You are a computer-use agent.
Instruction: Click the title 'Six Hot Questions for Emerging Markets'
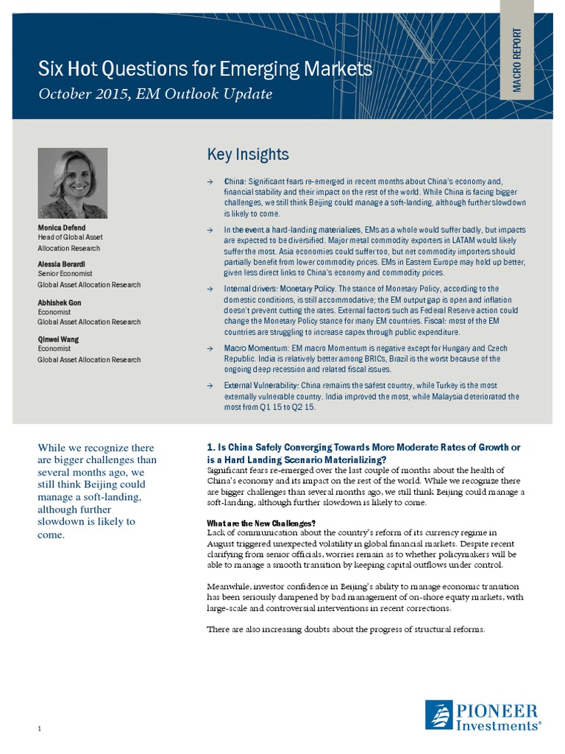(205, 69)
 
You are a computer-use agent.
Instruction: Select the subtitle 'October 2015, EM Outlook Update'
(155, 94)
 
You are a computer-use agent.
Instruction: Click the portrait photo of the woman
(72, 183)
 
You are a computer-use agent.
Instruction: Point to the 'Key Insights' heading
(248, 155)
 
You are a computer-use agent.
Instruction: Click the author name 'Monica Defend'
(61, 228)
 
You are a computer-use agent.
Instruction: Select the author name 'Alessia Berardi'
(63, 264)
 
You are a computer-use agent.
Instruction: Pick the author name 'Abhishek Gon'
(60, 302)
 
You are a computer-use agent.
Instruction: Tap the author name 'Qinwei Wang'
(58, 339)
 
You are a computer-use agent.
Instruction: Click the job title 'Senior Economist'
(63, 274)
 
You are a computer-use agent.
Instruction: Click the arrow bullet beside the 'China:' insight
(210, 180)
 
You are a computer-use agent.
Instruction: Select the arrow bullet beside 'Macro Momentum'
(210, 348)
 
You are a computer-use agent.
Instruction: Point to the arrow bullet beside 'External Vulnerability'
(210, 386)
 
